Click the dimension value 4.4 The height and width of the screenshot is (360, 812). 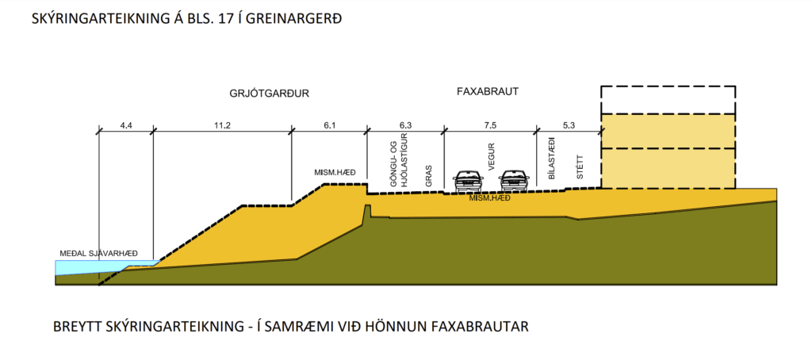click(x=126, y=125)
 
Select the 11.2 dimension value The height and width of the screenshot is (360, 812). click(x=222, y=125)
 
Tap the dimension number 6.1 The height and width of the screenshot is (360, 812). click(x=329, y=125)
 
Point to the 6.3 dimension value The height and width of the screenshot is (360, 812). click(x=405, y=125)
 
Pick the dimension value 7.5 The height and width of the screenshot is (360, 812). click(x=490, y=125)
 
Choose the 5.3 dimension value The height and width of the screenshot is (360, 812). click(x=569, y=125)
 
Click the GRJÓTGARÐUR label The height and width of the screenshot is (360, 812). click(x=266, y=94)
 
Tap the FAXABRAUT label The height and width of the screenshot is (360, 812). click(x=488, y=92)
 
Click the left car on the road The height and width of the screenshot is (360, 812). click(x=468, y=182)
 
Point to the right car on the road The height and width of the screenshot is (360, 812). click(x=514, y=182)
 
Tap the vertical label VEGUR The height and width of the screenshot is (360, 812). click(x=492, y=157)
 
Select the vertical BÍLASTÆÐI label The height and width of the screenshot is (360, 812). click(x=552, y=159)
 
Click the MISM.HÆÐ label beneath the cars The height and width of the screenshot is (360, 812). click(x=490, y=198)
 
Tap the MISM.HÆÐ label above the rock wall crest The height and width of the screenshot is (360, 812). click(x=335, y=173)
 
